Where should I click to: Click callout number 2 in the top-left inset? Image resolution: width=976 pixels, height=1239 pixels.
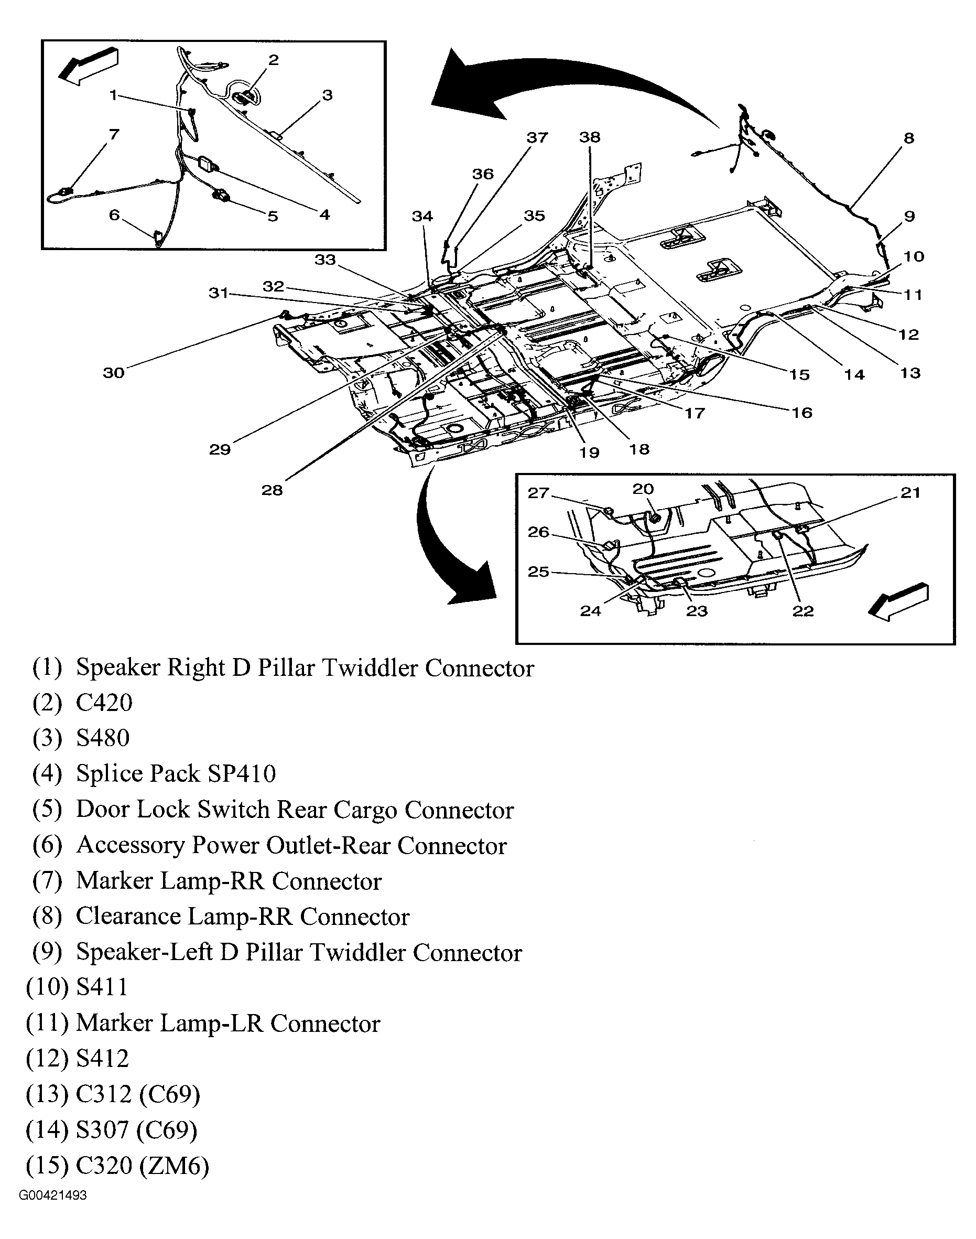(273, 60)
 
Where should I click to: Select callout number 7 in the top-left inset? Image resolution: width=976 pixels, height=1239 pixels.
(114, 135)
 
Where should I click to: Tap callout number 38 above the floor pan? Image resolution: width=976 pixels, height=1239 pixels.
(590, 137)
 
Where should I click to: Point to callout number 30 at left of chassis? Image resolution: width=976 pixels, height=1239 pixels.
(114, 373)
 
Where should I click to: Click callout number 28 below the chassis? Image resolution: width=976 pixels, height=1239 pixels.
(272, 490)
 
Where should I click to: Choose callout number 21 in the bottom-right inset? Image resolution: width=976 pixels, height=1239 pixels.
(910, 493)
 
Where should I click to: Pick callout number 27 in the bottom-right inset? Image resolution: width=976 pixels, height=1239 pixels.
(538, 493)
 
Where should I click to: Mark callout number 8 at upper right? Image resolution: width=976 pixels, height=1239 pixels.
(908, 138)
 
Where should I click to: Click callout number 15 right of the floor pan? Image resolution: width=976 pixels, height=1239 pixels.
(799, 375)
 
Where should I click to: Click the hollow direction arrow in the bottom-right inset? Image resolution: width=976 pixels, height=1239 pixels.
(898, 602)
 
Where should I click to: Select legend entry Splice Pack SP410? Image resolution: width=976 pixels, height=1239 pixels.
(176, 774)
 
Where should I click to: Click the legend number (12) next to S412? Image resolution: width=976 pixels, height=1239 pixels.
(47, 1059)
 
